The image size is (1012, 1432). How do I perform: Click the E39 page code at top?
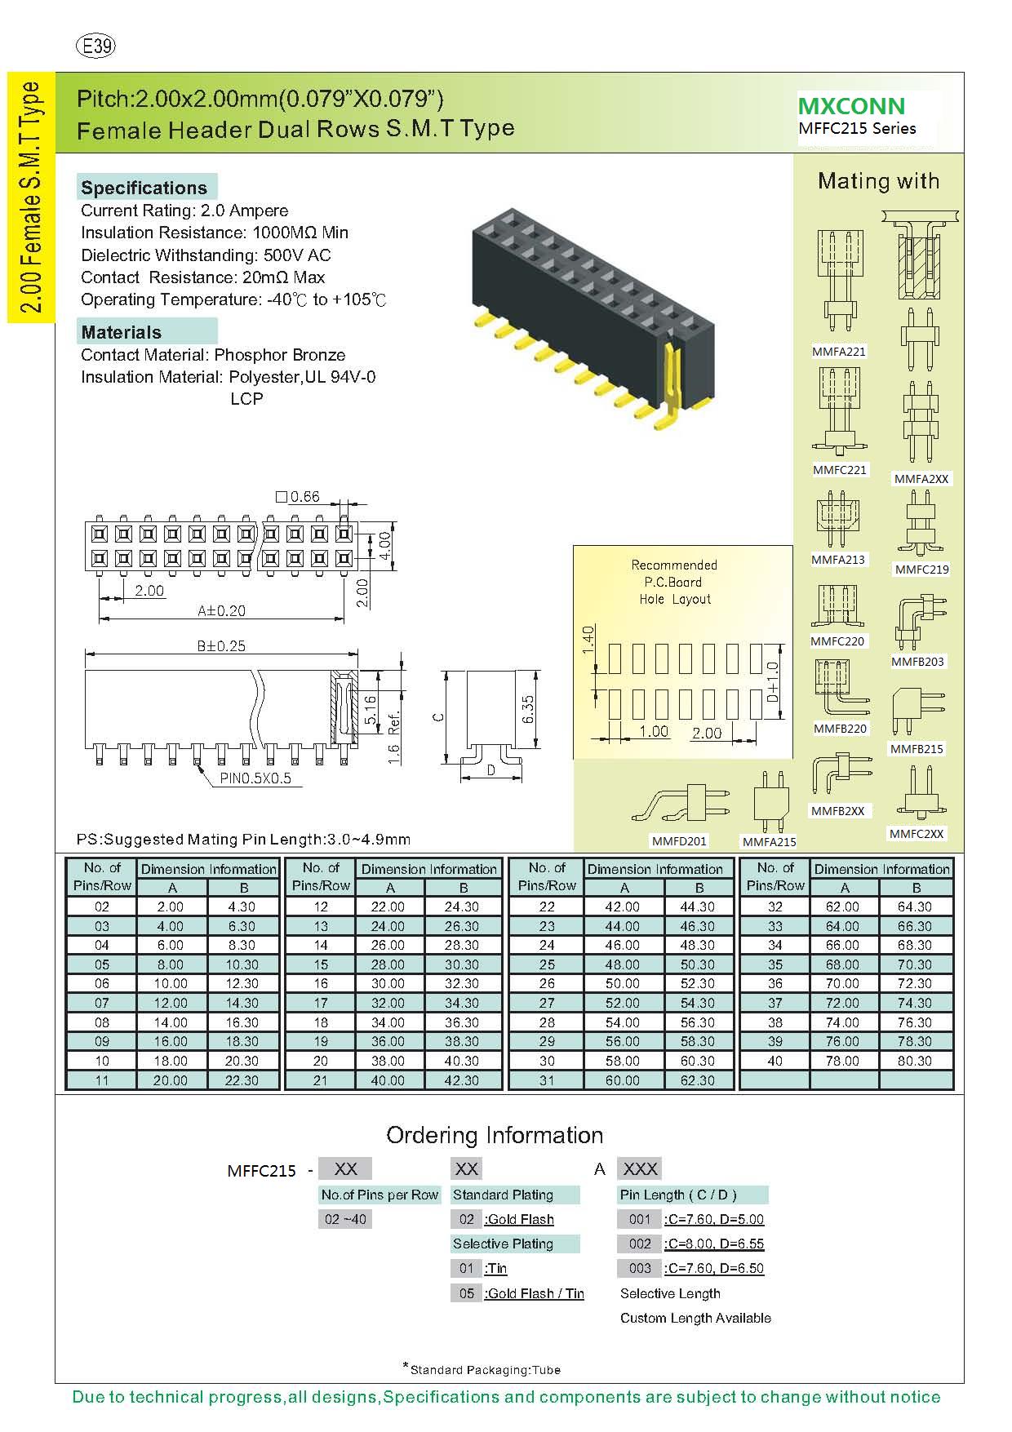click(95, 46)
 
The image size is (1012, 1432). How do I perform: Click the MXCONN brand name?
click(851, 106)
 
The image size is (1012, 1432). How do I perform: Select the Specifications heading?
click(144, 188)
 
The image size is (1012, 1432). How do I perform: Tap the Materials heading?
click(122, 332)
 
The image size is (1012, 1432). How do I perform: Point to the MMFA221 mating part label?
click(838, 352)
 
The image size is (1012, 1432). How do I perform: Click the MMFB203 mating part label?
click(917, 662)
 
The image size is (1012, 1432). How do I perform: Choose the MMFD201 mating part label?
click(679, 840)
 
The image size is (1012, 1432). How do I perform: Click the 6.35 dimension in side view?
click(528, 708)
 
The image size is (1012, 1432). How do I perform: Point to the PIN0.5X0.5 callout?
click(255, 778)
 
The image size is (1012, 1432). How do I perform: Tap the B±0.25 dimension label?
click(221, 645)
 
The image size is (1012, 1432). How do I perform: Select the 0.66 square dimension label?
click(299, 497)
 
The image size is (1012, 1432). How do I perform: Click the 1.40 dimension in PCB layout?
click(588, 641)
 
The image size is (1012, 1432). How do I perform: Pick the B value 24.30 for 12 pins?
click(462, 907)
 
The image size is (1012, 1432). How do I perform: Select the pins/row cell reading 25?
click(547, 964)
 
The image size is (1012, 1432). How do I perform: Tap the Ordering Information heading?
click(495, 1135)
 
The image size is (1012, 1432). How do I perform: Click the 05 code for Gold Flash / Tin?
click(466, 1293)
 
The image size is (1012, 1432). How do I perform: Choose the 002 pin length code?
click(640, 1244)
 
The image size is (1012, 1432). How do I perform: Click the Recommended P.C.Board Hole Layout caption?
click(674, 582)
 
